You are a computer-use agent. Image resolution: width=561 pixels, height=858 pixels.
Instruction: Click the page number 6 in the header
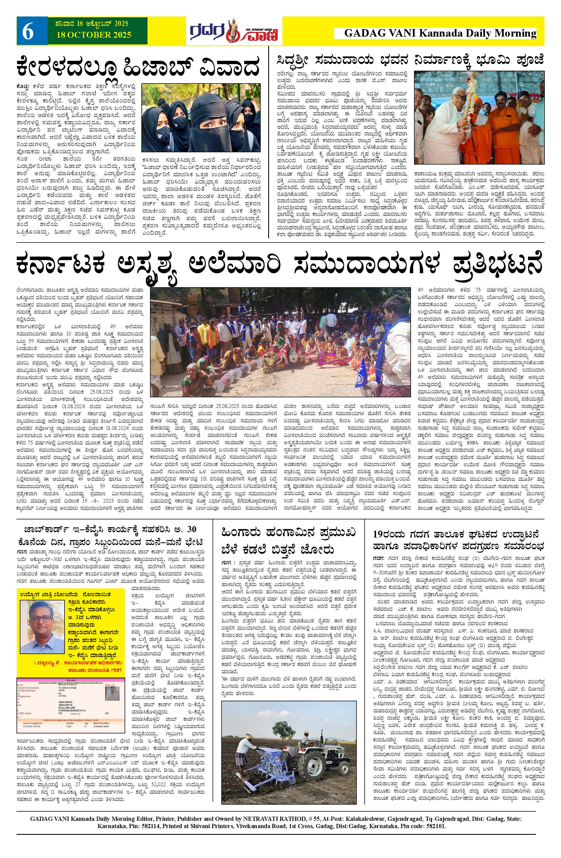click(28, 32)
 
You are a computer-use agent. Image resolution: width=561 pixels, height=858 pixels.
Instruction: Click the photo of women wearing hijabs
click(201, 118)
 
